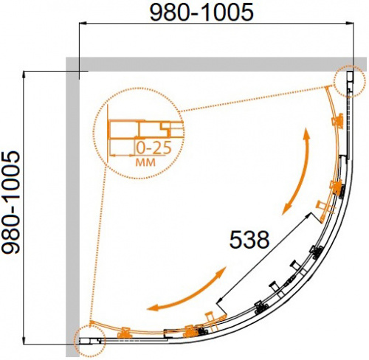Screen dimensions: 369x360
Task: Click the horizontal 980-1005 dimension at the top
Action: (201, 13)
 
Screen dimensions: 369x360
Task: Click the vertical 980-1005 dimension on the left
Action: (10, 202)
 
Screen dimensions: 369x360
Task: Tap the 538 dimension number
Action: (249, 239)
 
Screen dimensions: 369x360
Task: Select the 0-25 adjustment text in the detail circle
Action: (154, 148)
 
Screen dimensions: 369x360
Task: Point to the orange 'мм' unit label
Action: (145, 162)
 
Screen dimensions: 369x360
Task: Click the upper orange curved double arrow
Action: (296, 171)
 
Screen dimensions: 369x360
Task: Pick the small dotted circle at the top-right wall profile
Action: (350, 81)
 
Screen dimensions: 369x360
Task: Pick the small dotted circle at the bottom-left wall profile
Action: (89, 341)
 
